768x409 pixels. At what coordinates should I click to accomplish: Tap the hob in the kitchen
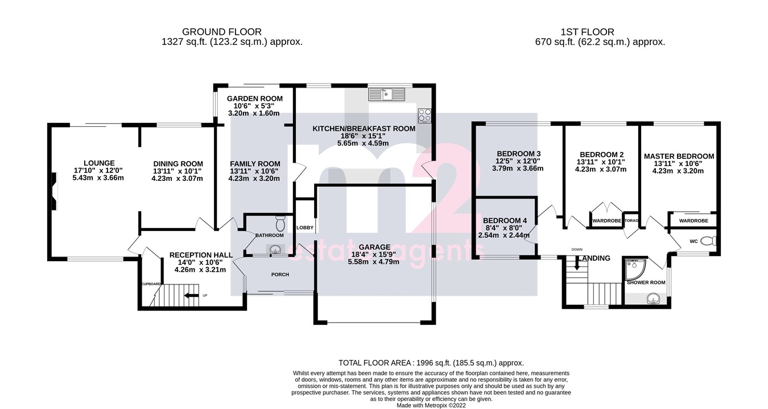pos(424,115)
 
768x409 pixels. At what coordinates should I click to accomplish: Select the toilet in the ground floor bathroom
pos(279,221)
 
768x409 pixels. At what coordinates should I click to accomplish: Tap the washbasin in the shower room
pos(651,297)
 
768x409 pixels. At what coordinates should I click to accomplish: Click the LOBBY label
pos(305,228)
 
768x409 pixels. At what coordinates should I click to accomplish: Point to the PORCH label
pos(280,275)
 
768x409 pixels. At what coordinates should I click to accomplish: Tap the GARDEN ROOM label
pos(254,98)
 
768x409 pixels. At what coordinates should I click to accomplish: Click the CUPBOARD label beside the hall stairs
pos(151,283)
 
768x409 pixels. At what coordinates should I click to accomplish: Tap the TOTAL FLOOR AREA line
pos(431,363)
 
